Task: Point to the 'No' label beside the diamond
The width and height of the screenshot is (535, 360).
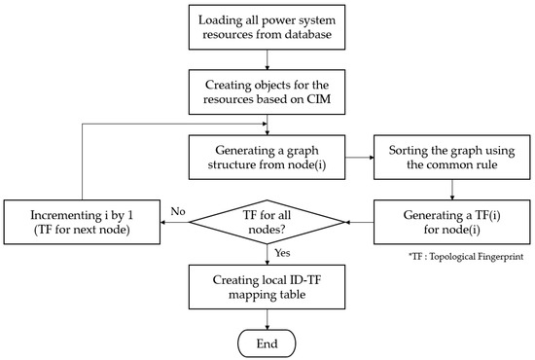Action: (x=177, y=209)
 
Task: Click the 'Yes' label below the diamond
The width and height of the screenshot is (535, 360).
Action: (x=283, y=254)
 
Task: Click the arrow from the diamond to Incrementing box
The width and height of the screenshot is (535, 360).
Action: (x=176, y=225)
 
